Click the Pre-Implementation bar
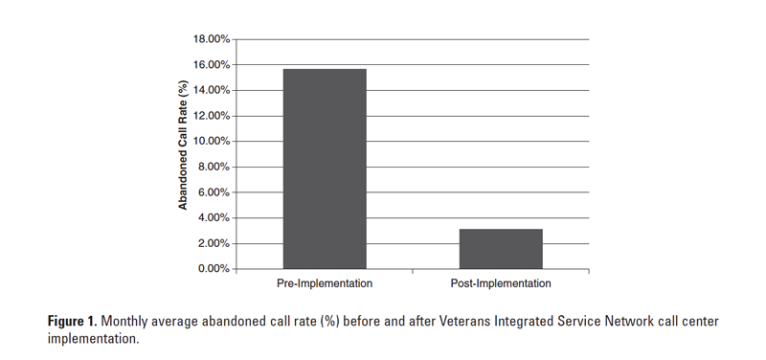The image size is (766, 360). (x=325, y=169)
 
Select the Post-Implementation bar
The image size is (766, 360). (x=501, y=249)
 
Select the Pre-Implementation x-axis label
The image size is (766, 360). (x=325, y=283)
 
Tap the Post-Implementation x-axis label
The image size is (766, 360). (x=501, y=283)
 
